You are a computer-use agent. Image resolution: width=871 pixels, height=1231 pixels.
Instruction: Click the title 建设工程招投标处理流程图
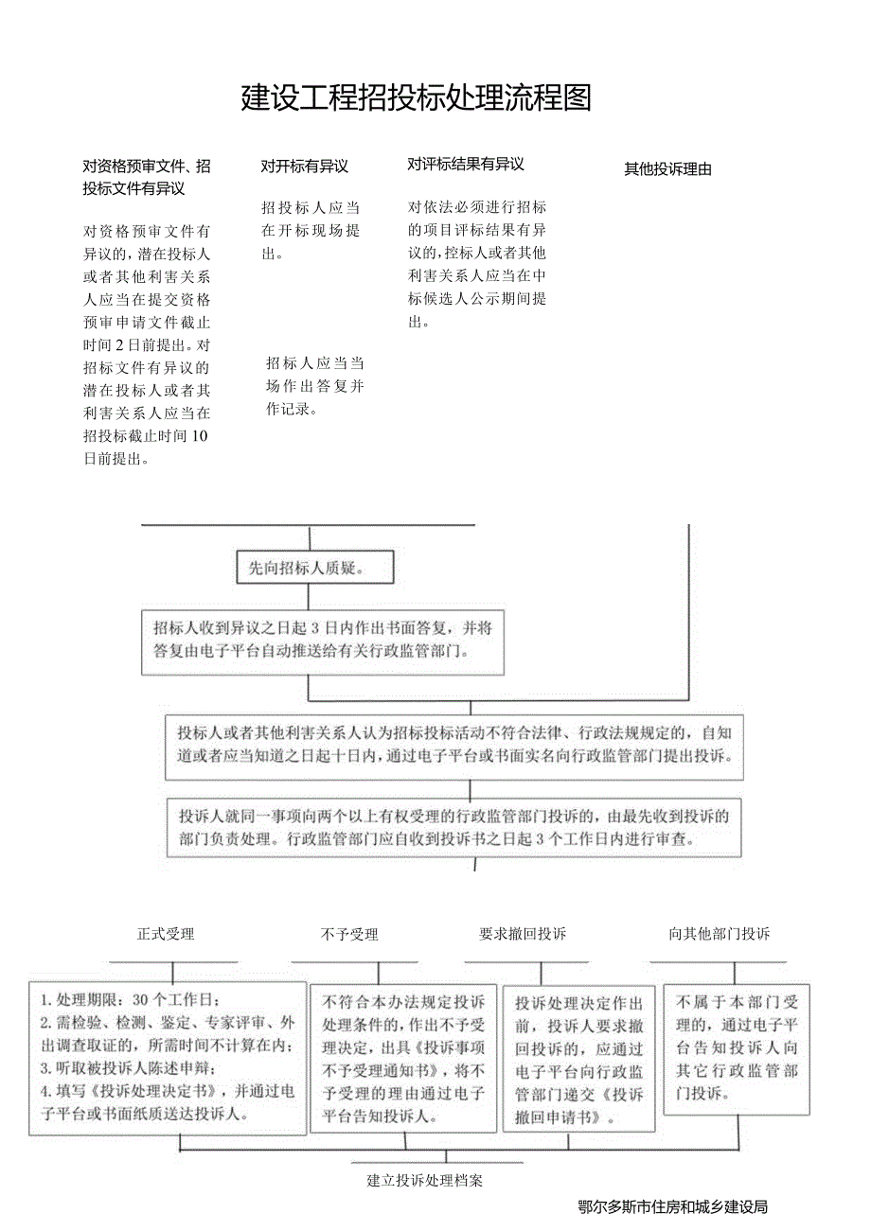(417, 98)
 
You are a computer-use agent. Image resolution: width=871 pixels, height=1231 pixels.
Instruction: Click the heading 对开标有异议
(305, 167)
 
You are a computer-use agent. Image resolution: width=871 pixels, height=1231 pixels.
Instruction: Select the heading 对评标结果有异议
(466, 165)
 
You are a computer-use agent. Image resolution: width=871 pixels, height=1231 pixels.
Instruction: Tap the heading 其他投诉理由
(667, 170)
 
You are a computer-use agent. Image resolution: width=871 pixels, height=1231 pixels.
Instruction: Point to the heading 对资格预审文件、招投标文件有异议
(147, 177)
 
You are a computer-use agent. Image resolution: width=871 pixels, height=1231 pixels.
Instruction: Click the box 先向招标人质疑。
(314, 569)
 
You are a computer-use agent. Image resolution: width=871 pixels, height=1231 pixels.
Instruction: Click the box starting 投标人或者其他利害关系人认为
(453, 747)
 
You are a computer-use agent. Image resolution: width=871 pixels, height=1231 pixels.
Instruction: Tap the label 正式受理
(166, 934)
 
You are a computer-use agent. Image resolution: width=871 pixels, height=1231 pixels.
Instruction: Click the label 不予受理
(349, 935)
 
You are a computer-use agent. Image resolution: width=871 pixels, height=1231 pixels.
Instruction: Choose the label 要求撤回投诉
(523, 934)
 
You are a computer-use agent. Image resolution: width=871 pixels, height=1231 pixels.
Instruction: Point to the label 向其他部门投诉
(720, 934)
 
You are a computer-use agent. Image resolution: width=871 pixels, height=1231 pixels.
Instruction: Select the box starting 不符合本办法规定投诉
(404, 1058)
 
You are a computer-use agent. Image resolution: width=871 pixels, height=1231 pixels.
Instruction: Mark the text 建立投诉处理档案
(425, 1180)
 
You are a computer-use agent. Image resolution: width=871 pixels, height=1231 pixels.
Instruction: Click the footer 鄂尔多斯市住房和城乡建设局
(672, 1206)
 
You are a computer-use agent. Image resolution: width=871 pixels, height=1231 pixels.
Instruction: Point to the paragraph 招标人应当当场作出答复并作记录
(314, 386)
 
